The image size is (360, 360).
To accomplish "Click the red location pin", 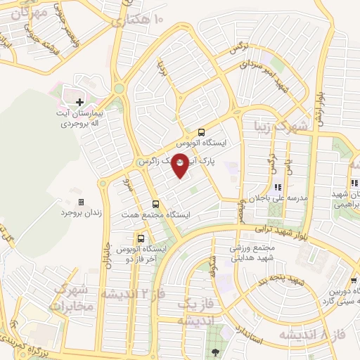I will coord(180,165).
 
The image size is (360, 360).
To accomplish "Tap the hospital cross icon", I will coord(79,103).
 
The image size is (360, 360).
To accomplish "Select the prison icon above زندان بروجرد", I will coord(79,202).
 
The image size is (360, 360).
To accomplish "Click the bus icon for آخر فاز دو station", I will coord(141,238).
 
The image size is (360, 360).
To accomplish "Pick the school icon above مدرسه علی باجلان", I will coord(278,188).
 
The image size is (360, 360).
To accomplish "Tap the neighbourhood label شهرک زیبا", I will coord(282,126).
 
